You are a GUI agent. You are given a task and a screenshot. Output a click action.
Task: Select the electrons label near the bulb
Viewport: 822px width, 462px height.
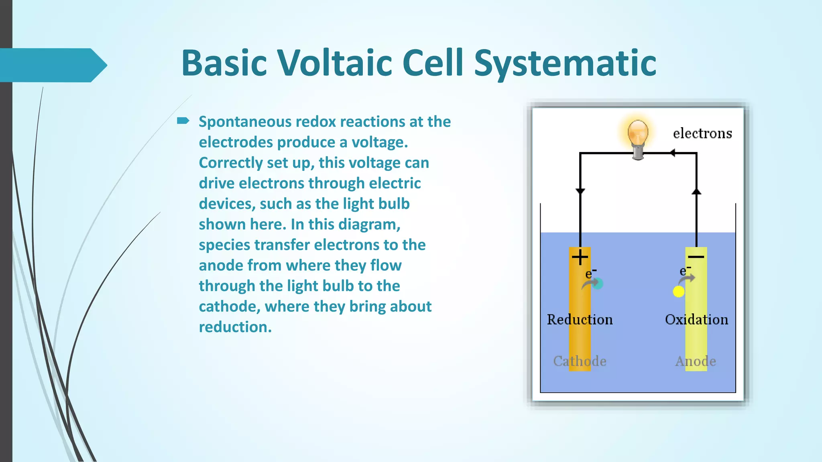[702, 133]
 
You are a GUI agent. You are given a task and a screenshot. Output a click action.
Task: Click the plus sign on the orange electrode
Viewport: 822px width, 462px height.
[580, 257]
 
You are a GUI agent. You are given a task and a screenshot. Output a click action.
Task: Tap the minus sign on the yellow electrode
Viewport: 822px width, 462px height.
[696, 257]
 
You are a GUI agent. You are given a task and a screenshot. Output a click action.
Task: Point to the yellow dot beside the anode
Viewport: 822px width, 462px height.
[678, 292]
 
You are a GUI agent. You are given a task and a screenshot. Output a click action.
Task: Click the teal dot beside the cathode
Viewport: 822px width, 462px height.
[598, 284]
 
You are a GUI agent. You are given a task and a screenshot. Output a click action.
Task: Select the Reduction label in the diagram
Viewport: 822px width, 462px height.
[580, 320]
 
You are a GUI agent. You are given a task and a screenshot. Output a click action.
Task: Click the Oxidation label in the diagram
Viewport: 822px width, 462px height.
[696, 320]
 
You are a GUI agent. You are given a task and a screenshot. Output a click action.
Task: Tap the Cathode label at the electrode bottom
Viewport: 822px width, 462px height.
[580, 361]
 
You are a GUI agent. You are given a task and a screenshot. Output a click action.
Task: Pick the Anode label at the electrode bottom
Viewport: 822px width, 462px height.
[696, 361]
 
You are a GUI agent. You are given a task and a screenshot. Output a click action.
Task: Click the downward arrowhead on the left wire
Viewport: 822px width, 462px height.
[580, 191]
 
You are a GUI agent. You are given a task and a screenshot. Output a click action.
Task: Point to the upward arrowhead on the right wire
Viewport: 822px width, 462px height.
[696, 192]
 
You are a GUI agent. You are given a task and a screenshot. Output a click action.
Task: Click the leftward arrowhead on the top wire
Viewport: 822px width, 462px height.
[672, 153]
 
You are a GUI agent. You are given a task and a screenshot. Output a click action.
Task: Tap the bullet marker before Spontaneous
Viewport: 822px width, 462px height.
[183, 121]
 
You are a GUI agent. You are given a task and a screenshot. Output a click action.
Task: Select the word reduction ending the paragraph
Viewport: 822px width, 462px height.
[235, 327]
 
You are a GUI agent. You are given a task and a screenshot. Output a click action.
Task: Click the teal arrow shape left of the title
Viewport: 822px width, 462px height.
[52, 65]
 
